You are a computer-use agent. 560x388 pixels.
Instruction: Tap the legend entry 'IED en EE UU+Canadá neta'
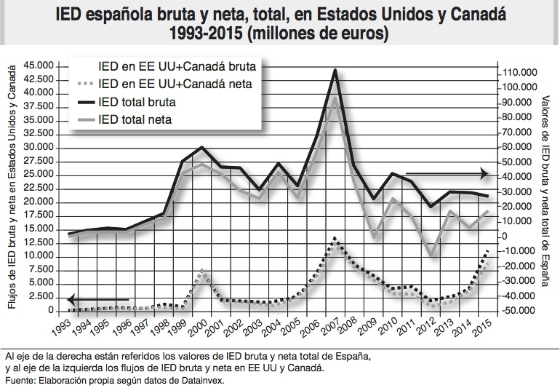tap(175, 84)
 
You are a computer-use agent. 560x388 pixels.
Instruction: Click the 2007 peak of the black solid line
tap(334, 70)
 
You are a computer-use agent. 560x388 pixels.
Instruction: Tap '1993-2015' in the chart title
tap(203, 33)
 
